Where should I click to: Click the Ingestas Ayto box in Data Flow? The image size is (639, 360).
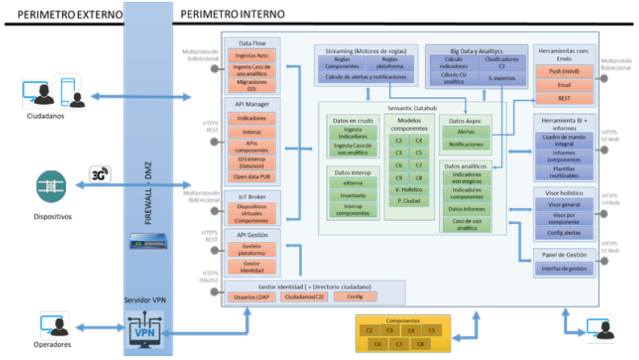252,55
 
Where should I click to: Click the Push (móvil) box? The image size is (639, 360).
564,71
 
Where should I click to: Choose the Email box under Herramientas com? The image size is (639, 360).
564,85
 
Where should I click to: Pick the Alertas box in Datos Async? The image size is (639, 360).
466,131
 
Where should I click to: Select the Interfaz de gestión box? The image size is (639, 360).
564,269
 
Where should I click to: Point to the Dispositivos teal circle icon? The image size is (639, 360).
51,186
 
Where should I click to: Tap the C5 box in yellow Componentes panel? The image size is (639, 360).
432,330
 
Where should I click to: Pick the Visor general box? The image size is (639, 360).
564,205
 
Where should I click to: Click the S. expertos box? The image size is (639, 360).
497,78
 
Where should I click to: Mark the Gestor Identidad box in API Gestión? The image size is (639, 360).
252,267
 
